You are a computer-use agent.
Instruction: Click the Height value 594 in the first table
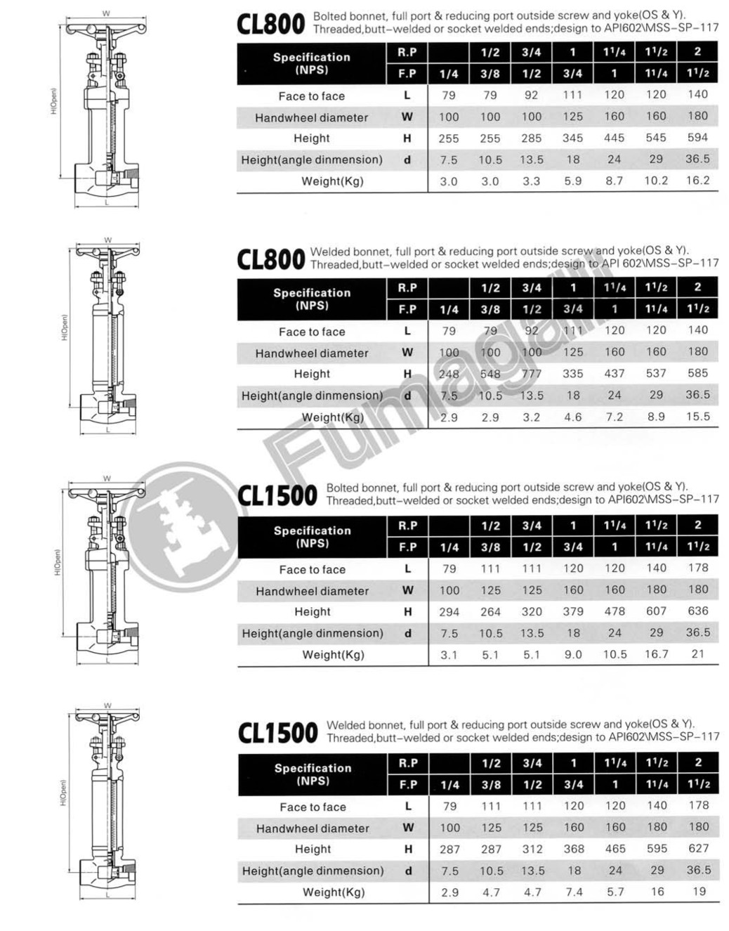(x=697, y=138)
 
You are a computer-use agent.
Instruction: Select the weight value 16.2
(x=697, y=181)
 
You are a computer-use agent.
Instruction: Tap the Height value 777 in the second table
(x=531, y=374)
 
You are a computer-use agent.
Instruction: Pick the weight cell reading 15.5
(x=697, y=417)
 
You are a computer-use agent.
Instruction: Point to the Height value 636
(x=698, y=611)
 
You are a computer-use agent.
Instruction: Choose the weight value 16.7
(x=656, y=654)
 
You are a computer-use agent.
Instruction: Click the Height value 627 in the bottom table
(x=698, y=849)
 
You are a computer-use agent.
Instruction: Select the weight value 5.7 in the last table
(x=615, y=892)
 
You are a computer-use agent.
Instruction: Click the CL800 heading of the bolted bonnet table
(x=270, y=24)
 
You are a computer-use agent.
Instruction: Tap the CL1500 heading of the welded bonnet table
(x=277, y=734)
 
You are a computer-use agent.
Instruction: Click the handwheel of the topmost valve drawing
(x=106, y=29)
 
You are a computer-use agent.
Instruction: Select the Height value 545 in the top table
(x=656, y=138)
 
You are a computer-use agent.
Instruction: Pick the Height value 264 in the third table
(x=490, y=612)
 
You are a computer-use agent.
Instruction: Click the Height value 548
(x=490, y=374)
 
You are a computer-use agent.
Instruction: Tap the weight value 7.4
(x=574, y=892)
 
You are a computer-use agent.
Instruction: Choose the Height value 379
(x=573, y=612)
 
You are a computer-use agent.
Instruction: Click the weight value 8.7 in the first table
(x=614, y=181)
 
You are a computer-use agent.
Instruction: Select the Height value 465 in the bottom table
(x=615, y=849)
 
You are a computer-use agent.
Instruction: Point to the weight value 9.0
(x=573, y=654)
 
